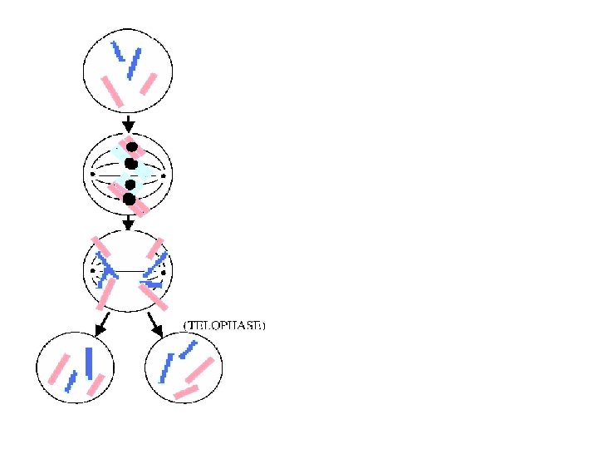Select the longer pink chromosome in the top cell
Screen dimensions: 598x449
[112, 90]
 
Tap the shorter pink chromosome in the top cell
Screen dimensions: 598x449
[149, 83]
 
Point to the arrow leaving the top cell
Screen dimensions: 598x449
[129, 123]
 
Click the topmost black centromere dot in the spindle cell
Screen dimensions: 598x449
[131, 147]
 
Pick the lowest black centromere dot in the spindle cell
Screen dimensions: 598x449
[129, 199]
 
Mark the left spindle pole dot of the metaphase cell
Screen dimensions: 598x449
[93, 174]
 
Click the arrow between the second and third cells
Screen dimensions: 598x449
[129, 223]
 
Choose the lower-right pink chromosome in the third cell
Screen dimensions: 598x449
[151, 295]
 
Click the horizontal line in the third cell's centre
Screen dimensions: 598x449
[129, 270]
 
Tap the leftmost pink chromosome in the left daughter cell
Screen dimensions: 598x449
[58, 370]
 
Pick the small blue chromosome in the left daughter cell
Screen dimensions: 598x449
[71, 382]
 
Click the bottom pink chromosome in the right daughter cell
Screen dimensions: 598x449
[185, 391]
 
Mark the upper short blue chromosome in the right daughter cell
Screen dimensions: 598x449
[189, 348]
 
